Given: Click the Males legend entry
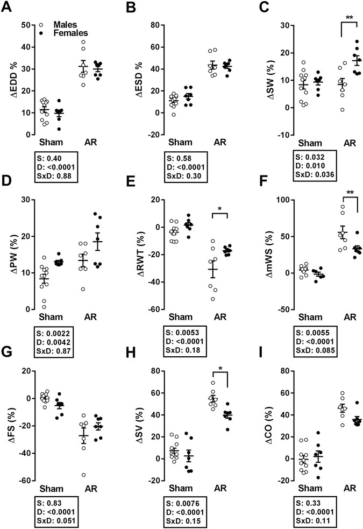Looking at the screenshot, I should coord(65,25).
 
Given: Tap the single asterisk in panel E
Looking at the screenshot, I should coord(220,208).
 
